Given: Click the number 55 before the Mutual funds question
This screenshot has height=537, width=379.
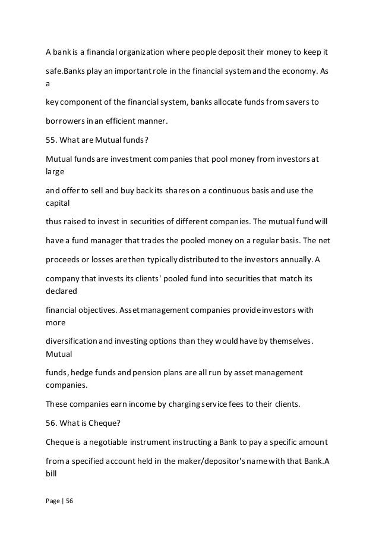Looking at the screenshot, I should click(x=51, y=141).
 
